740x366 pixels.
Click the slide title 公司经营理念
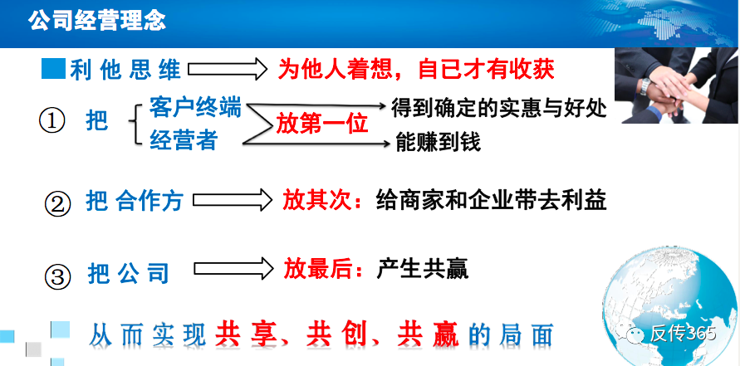pyautogui.click(x=97, y=20)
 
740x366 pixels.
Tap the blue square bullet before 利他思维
pyautogui.click(x=52, y=68)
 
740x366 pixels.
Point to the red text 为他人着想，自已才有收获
pyautogui.click(x=415, y=69)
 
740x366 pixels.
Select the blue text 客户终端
pyautogui.click(x=196, y=107)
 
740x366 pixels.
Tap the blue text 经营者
pyautogui.click(x=184, y=141)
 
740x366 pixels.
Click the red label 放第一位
pyautogui.click(x=322, y=124)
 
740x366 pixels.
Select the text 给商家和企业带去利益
pyautogui.click(x=491, y=200)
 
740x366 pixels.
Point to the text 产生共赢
pyautogui.click(x=423, y=268)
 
